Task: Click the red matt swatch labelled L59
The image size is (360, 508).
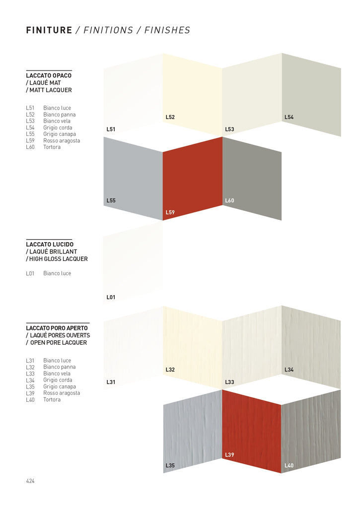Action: tap(192, 179)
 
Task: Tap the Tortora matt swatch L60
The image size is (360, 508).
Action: tap(252, 179)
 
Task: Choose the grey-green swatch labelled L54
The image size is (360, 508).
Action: tap(311, 92)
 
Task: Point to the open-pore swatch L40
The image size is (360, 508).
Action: tap(311, 432)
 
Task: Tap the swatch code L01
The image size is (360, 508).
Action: tap(111, 298)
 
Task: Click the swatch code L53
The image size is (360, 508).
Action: tap(229, 129)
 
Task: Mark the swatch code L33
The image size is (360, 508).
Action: tap(229, 382)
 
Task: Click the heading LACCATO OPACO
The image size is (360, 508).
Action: tap(49, 75)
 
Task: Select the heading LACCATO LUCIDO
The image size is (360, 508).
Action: tap(50, 245)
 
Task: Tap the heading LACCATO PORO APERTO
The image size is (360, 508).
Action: tap(57, 328)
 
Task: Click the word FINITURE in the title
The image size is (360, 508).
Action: tap(49, 31)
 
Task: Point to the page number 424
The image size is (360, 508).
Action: tap(30, 481)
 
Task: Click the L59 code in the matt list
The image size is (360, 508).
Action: tap(30, 140)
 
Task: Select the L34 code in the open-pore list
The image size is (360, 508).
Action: tap(30, 380)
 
